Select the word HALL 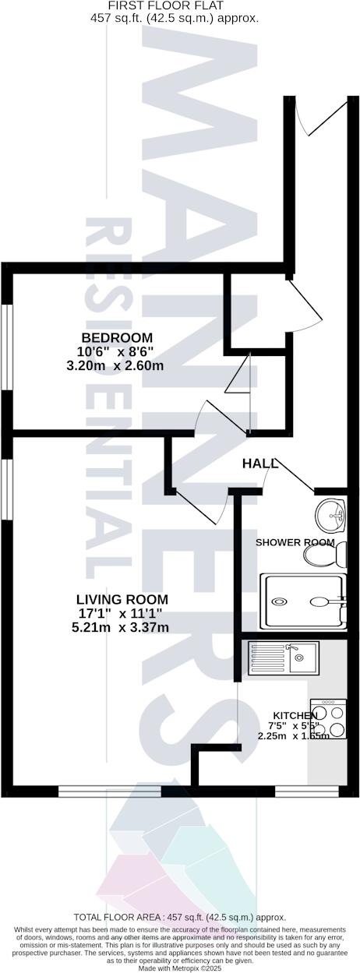point(260,464)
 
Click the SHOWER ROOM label point(295,542)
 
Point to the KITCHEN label point(295,715)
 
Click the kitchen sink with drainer point(282,658)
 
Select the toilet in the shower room point(323,555)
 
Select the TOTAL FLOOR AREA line point(179,917)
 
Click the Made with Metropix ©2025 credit point(179,968)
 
